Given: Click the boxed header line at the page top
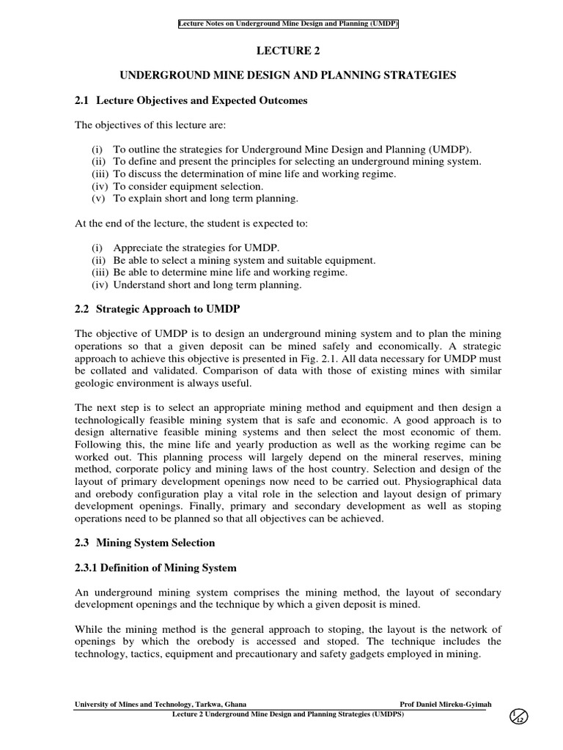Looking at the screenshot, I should point(288,23).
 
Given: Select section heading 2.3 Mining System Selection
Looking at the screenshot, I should point(146,543).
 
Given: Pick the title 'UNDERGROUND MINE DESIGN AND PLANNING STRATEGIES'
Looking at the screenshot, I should point(288,75).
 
